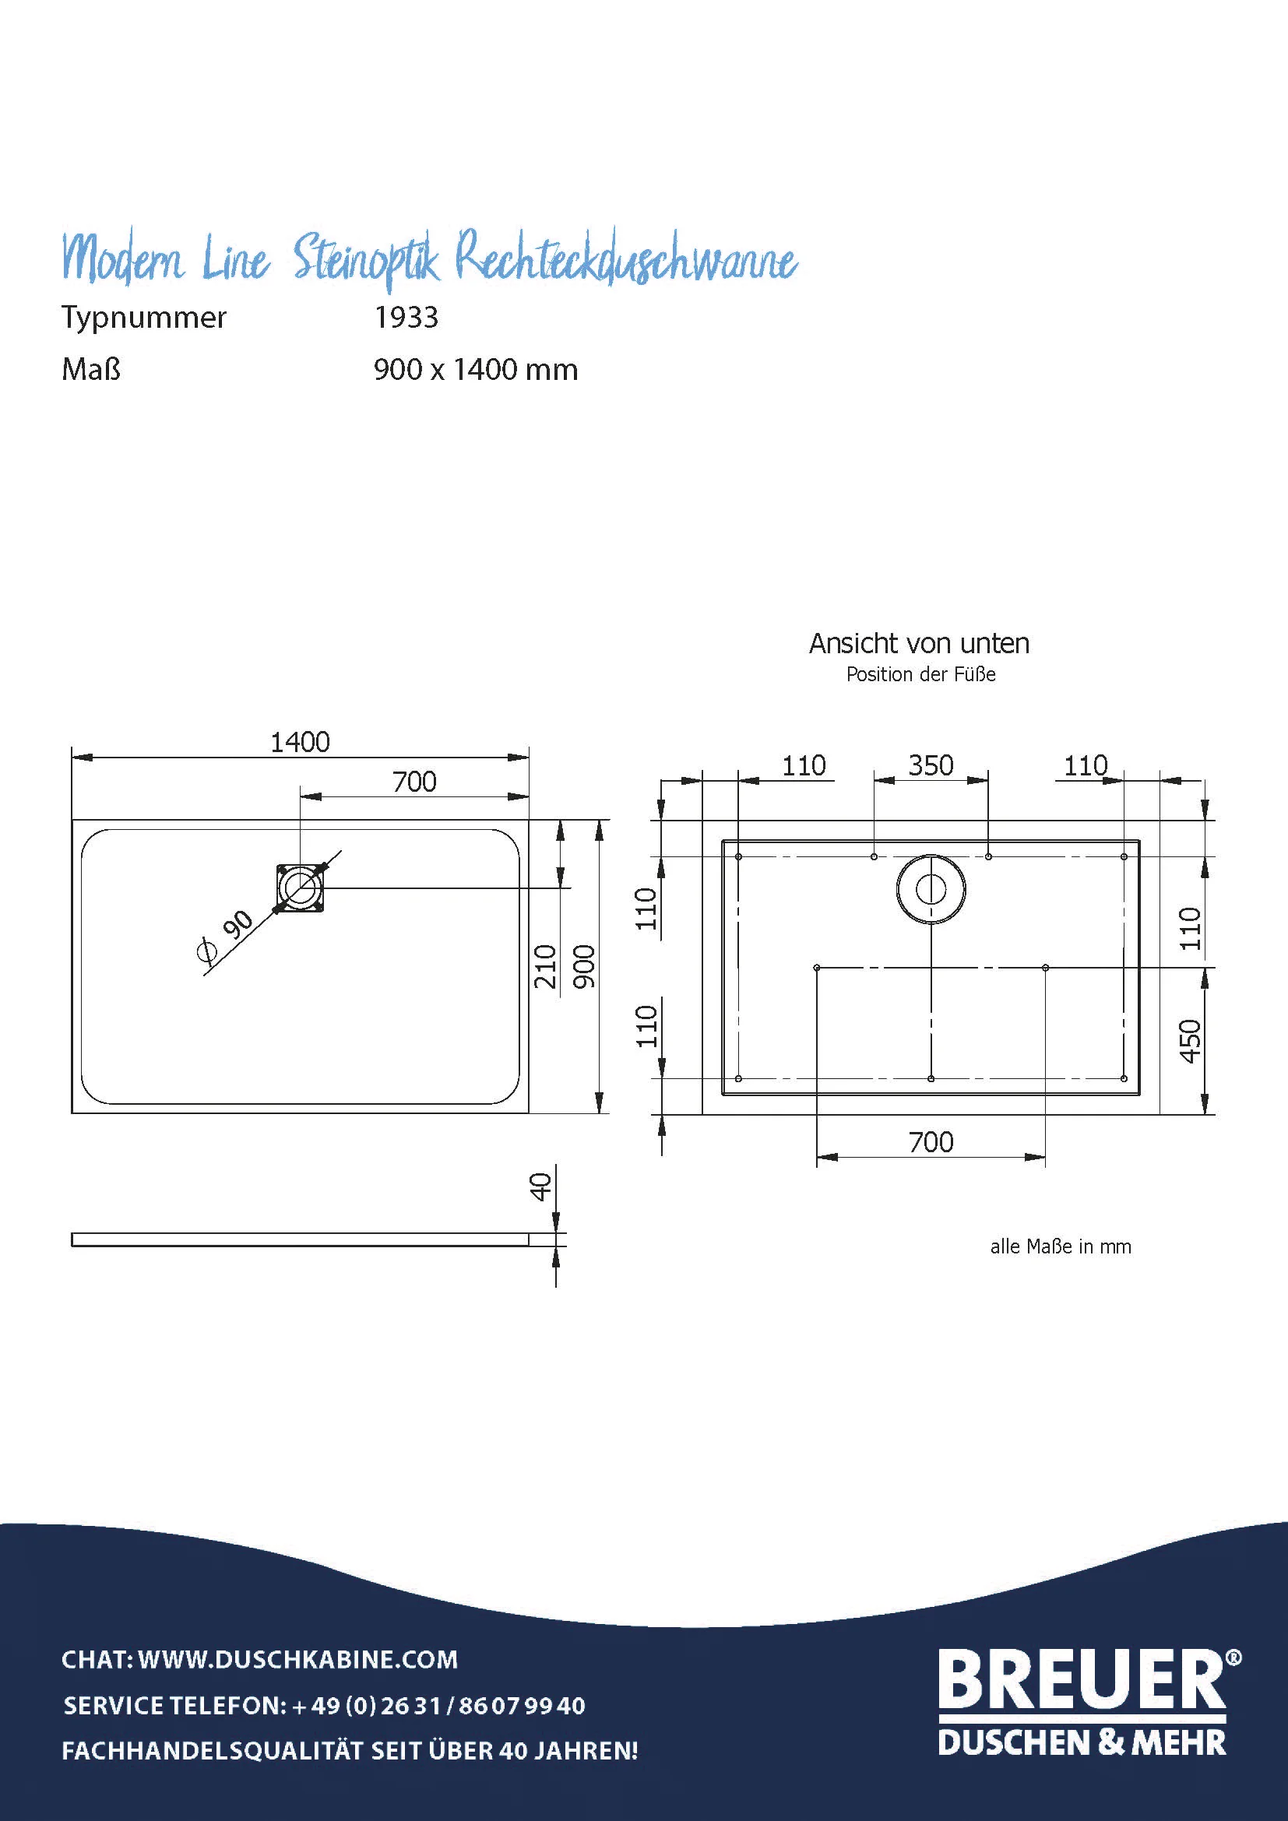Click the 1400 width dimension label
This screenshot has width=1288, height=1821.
pos(300,743)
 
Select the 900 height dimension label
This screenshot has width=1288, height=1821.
pos(584,967)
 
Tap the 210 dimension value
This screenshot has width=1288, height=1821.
pos(545,967)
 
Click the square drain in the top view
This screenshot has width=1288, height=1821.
pos(301,888)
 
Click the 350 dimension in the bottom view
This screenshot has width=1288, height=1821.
pos(931,765)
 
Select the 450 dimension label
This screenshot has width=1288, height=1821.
pos(1191,1042)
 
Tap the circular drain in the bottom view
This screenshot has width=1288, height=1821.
pos(931,889)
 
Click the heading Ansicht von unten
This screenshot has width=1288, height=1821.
pos(919,643)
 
